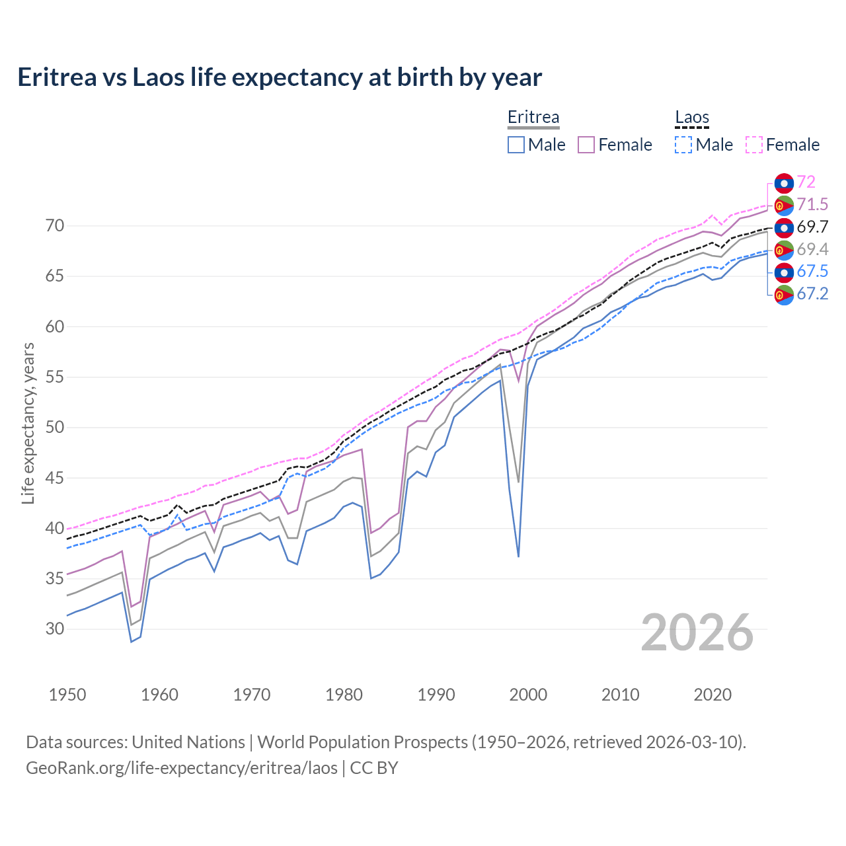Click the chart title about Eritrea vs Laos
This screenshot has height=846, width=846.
point(280,77)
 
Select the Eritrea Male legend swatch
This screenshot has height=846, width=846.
point(516,145)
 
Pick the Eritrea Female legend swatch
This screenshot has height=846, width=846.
point(586,145)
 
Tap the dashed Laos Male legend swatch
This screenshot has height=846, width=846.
point(683,145)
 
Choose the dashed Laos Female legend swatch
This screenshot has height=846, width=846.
point(754,145)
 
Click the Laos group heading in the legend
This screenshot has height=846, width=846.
point(691,118)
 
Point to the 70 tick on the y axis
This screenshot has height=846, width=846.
point(55,226)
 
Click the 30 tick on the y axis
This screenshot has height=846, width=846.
point(55,629)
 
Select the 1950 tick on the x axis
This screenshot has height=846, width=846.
point(67,695)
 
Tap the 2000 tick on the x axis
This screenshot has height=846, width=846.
point(528,695)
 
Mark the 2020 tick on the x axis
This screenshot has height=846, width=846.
point(712,695)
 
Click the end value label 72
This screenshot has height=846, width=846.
point(806,182)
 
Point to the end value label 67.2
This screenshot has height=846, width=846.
point(812,294)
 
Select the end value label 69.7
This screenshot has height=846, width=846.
point(812,227)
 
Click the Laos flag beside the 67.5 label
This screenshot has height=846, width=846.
point(784,272)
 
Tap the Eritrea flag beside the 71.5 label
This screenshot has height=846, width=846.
point(784,205)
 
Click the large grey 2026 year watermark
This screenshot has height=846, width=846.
point(697,633)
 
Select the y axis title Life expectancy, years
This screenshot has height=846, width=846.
point(28,423)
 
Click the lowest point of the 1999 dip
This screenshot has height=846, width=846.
point(518,557)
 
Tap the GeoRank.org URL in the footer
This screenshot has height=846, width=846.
point(182,768)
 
